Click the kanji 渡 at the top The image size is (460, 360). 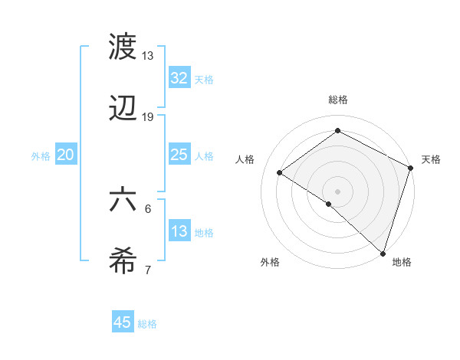coord(123,47)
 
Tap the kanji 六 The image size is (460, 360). coord(123,199)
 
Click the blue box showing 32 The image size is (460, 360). coord(179,77)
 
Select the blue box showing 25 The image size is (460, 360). coord(179,155)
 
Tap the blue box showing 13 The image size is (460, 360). coord(179,231)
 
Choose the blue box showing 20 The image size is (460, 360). coord(65,155)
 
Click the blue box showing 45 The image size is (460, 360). coord(123,322)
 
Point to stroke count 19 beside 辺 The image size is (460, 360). coord(148,117)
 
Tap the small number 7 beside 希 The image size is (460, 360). coord(148,270)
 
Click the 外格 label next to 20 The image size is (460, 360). coord(41,155)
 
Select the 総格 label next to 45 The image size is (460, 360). coord(147,323)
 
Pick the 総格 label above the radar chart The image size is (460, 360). coord(337,100)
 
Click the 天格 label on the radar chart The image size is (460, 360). coord(432,159)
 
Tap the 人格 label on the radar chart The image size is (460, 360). coord(245,159)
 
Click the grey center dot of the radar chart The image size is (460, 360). coord(337,190)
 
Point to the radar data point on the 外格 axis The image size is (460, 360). coord(328,204)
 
